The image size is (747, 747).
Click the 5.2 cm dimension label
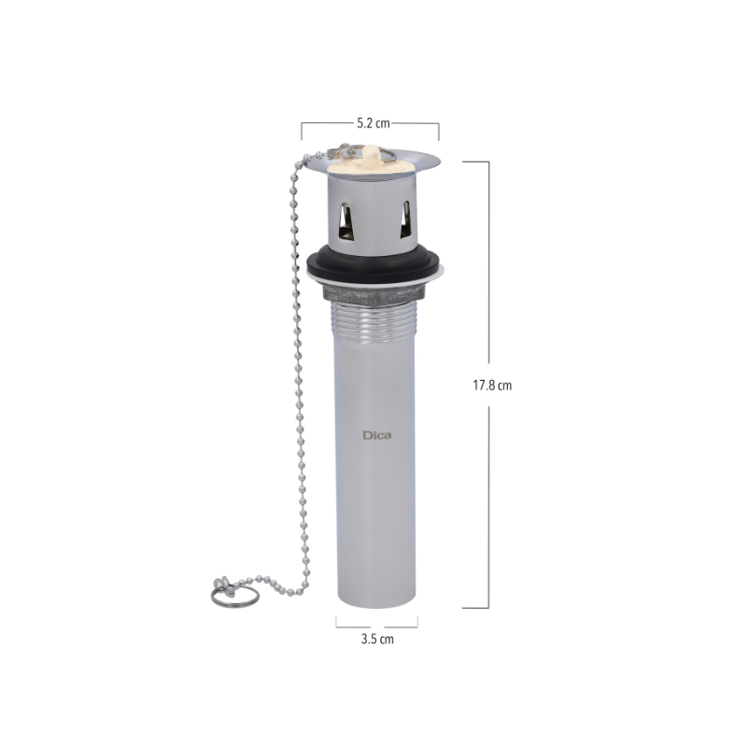[373, 123]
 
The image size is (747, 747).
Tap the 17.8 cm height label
[492, 386]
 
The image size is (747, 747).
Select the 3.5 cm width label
[377, 639]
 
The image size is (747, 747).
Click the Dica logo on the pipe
[377, 435]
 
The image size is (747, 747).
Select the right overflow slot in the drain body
[405, 218]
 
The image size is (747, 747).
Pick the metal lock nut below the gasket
[374, 293]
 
